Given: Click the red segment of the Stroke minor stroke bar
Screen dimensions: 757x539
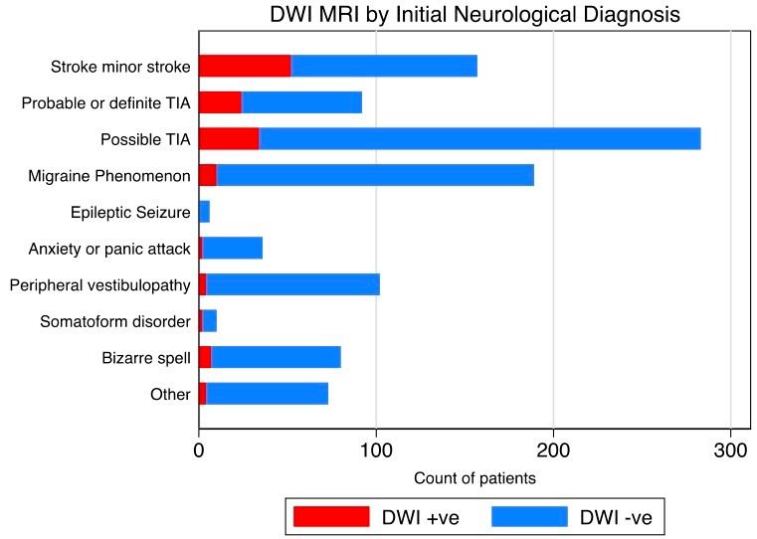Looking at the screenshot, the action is (245, 66).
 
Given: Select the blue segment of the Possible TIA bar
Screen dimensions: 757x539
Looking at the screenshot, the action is (479, 139).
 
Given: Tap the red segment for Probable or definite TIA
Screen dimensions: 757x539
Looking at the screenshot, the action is (220, 102).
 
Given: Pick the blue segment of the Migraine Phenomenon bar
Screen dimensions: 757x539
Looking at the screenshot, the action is (376, 175).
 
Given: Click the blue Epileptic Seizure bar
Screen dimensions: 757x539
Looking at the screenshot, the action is (204, 212).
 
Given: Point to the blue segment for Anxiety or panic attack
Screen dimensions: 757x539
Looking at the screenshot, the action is (233, 248).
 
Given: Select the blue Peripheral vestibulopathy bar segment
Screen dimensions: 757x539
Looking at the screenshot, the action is (293, 284).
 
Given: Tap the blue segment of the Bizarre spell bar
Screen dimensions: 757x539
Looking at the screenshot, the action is (277, 357).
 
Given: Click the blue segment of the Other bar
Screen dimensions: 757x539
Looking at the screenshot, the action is (268, 394).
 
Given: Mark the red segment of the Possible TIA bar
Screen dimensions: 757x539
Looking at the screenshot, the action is (229, 139).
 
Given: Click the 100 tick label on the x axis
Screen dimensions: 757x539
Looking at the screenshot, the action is (376, 450).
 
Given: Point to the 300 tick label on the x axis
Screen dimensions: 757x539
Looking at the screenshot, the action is (730, 450).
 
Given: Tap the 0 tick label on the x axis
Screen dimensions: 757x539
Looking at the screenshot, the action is (198, 450).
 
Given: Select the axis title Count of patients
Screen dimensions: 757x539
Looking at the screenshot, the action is (475, 478).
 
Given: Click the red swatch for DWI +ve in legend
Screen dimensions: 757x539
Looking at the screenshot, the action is (331, 517).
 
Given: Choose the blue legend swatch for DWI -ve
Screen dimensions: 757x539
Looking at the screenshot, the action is (529, 517).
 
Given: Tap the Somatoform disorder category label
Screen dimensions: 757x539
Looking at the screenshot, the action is (115, 321).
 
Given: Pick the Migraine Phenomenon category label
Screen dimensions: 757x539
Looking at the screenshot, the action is (109, 176).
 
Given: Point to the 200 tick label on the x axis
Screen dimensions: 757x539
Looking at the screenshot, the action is (553, 450).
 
